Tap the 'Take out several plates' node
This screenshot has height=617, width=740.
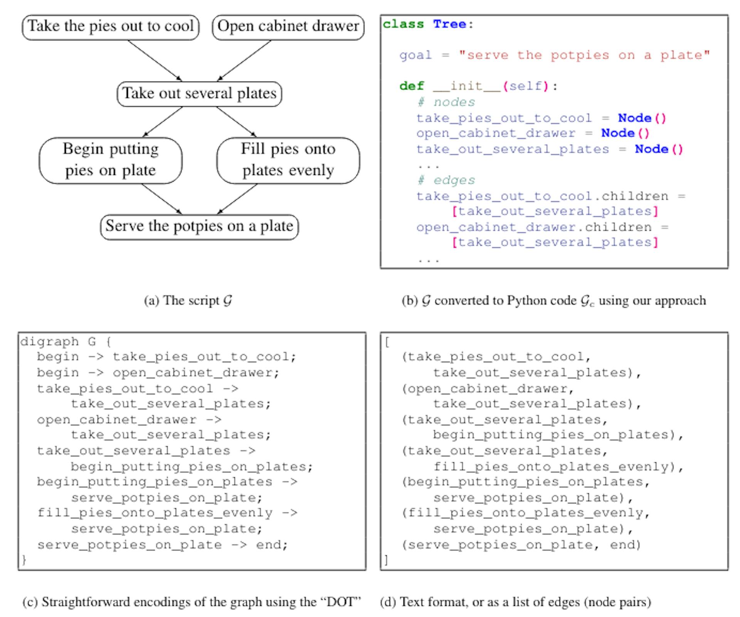[x=199, y=94]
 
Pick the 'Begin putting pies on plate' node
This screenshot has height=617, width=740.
[x=111, y=160]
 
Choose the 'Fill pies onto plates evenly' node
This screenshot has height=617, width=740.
[x=288, y=160]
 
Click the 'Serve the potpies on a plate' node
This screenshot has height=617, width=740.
[x=199, y=227]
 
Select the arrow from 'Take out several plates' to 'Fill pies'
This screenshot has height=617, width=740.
[x=236, y=121]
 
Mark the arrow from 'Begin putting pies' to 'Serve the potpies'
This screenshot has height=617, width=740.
[x=161, y=198]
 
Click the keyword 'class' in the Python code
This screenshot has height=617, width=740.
[x=403, y=24]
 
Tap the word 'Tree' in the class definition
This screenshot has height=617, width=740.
[x=449, y=24]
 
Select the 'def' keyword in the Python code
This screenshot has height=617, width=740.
[x=412, y=86]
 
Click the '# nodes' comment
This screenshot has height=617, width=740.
[x=446, y=102]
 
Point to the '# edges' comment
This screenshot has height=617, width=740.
[x=446, y=180]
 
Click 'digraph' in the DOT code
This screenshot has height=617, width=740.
[x=50, y=341]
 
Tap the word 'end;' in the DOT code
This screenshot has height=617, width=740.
[x=272, y=545]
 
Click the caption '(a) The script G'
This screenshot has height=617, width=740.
[x=188, y=301]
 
